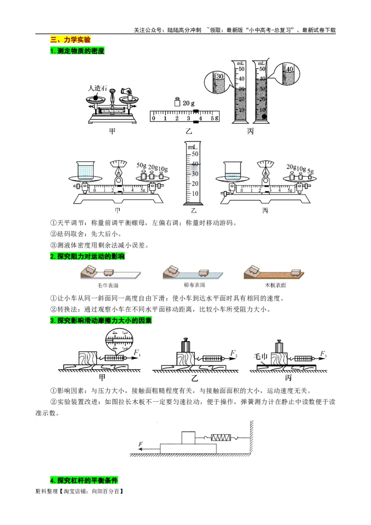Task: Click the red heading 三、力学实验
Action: pos(70,40)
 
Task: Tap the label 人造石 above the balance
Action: pos(97,88)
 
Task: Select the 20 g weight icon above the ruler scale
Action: pos(177,102)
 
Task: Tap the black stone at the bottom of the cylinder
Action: pos(264,117)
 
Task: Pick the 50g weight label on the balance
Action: pos(141,166)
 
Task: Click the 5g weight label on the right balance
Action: pos(311,171)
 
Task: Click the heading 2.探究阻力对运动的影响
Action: pos(87,256)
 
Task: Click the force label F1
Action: pos(137,354)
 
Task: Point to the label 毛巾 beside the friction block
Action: pos(261,356)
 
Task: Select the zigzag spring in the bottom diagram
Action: pos(220,437)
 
